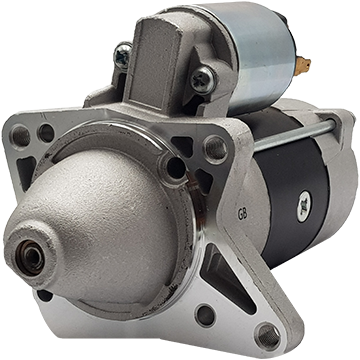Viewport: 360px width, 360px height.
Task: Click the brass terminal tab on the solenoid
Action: tap(303, 65)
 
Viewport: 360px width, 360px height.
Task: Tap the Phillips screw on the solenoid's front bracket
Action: tap(203, 80)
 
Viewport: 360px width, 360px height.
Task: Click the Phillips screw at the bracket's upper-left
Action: tap(123, 56)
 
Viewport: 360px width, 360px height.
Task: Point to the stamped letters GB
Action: tap(242, 215)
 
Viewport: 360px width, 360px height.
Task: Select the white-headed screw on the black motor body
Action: tap(304, 206)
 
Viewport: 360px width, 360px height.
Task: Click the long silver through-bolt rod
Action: tap(294, 134)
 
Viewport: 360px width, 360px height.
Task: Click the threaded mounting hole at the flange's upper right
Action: tap(216, 148)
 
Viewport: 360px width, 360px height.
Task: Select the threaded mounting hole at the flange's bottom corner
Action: tap(269, 336)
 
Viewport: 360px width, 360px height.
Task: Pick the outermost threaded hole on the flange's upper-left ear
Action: tap(21, 135)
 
